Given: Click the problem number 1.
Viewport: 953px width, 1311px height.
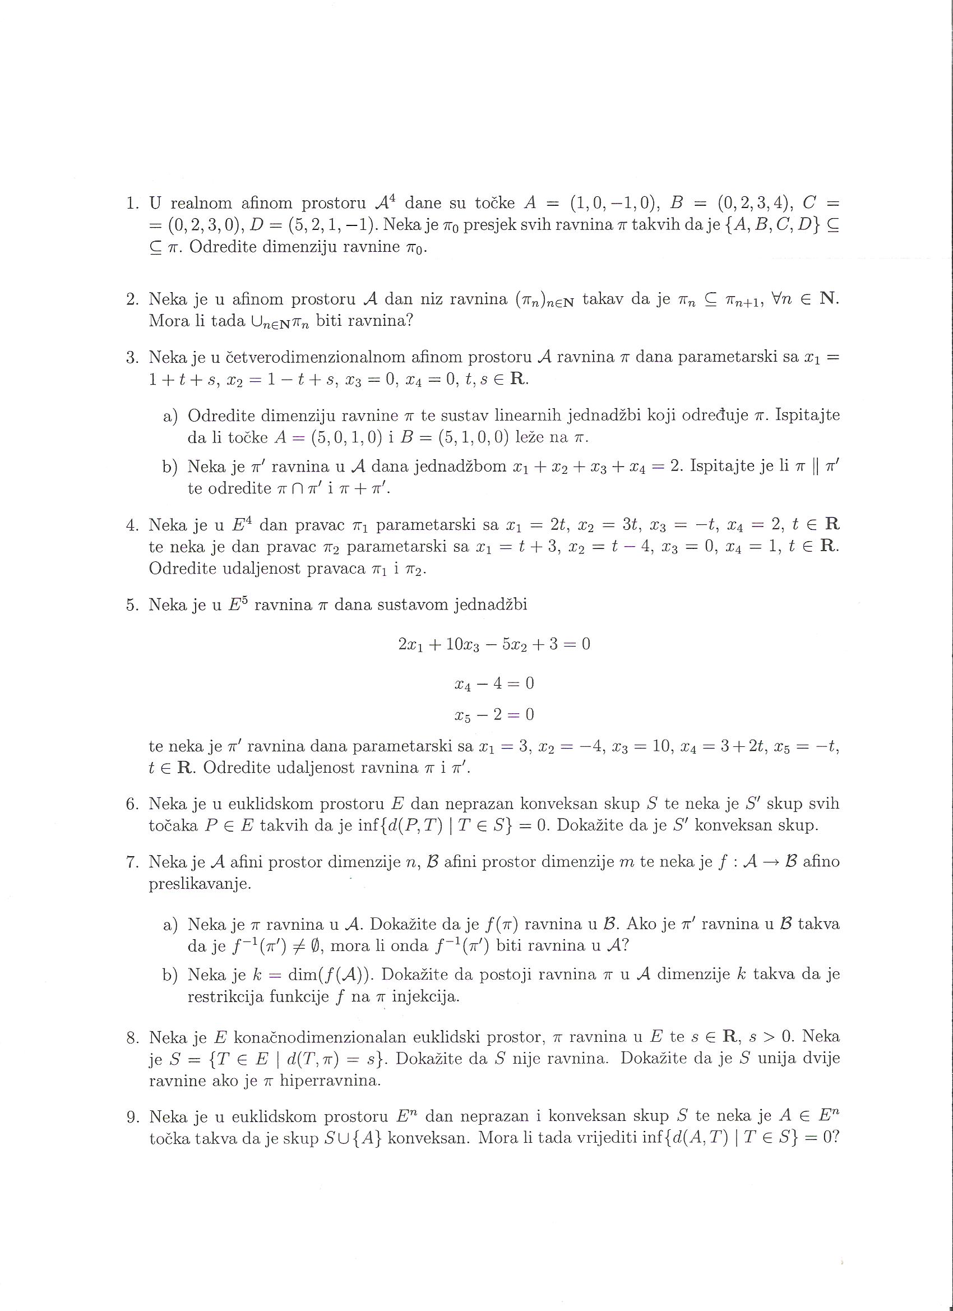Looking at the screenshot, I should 132,203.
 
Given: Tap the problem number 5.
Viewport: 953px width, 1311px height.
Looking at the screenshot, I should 132,604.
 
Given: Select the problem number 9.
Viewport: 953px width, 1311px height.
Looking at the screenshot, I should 132,1116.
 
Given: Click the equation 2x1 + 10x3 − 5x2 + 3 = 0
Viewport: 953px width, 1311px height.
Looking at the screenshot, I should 494,644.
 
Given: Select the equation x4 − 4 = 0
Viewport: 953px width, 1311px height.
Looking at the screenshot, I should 494,684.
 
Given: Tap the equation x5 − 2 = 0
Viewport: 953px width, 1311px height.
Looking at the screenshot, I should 494,715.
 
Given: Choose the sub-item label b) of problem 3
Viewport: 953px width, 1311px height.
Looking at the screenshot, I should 170,467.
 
